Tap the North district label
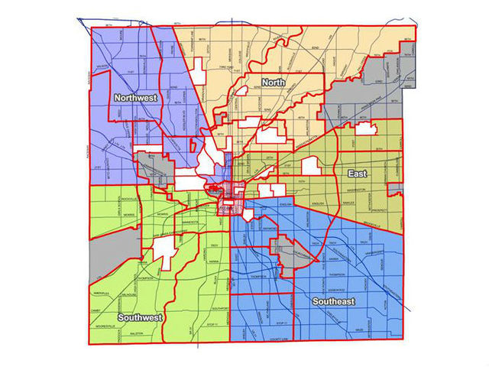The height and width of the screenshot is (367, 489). tap(273, 82)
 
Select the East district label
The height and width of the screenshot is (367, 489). tap(356, 174)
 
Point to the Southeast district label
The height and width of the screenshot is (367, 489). tap(333, 303)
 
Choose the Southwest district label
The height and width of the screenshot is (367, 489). tap(138, 317)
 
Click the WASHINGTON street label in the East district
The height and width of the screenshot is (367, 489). tap(353, 189)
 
